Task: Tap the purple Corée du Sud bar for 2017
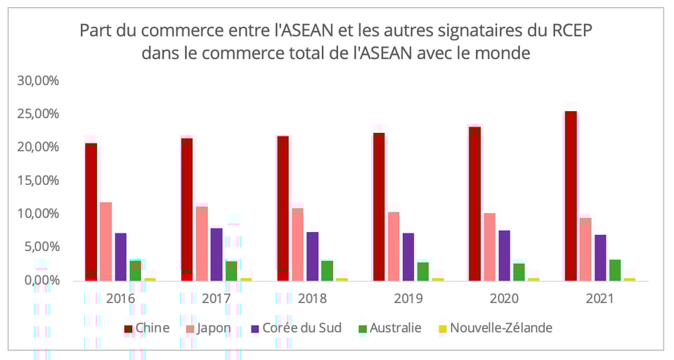point(216,254)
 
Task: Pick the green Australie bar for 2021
point(615,270)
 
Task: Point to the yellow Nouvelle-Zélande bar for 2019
point(438,279)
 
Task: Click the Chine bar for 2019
point(379,206)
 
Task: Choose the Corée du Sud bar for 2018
point(312,256)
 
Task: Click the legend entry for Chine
point(147,328)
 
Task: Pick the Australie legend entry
point(390,328)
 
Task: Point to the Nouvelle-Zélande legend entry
point(495,328)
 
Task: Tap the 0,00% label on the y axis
point(40,281)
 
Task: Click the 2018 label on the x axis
point(312,298)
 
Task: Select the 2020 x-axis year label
point(504,298)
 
